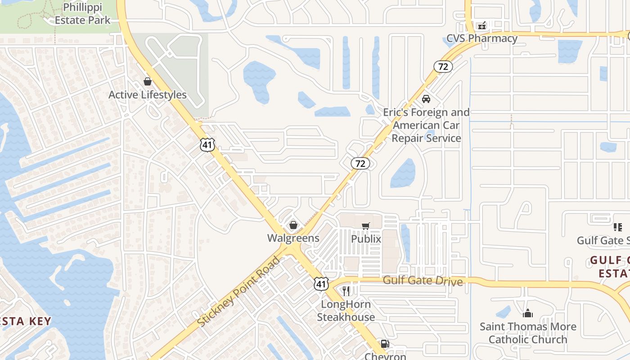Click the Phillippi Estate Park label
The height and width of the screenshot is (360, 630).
[82, 14]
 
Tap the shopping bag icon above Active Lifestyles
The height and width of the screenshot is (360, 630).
[147, 81]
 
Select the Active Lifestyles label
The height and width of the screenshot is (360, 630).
[148, 95]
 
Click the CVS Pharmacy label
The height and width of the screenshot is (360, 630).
[481, 38]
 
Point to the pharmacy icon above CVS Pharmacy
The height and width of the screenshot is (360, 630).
[482, 25]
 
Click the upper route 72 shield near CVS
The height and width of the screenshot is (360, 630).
[443, 67]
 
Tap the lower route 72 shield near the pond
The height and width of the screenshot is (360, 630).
[360, 163]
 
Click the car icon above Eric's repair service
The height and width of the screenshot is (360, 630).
[426, 99]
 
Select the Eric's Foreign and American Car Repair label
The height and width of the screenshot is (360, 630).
[426, 125]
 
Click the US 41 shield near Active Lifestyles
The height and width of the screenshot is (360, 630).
[207, 145]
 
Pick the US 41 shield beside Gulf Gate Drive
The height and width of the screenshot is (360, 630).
[321, 283]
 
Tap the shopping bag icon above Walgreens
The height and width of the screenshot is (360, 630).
[293, 225]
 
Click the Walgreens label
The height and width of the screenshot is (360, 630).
[293, 238]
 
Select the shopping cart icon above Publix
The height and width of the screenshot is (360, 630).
[366, 226]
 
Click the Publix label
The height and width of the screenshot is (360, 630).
[366, 239]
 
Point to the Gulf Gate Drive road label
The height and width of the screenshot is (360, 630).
[423, 281]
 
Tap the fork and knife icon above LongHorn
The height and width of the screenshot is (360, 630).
[346, 291]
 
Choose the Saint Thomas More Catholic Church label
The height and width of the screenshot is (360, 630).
[528, 333]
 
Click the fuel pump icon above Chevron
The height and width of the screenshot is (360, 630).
[385, 344]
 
